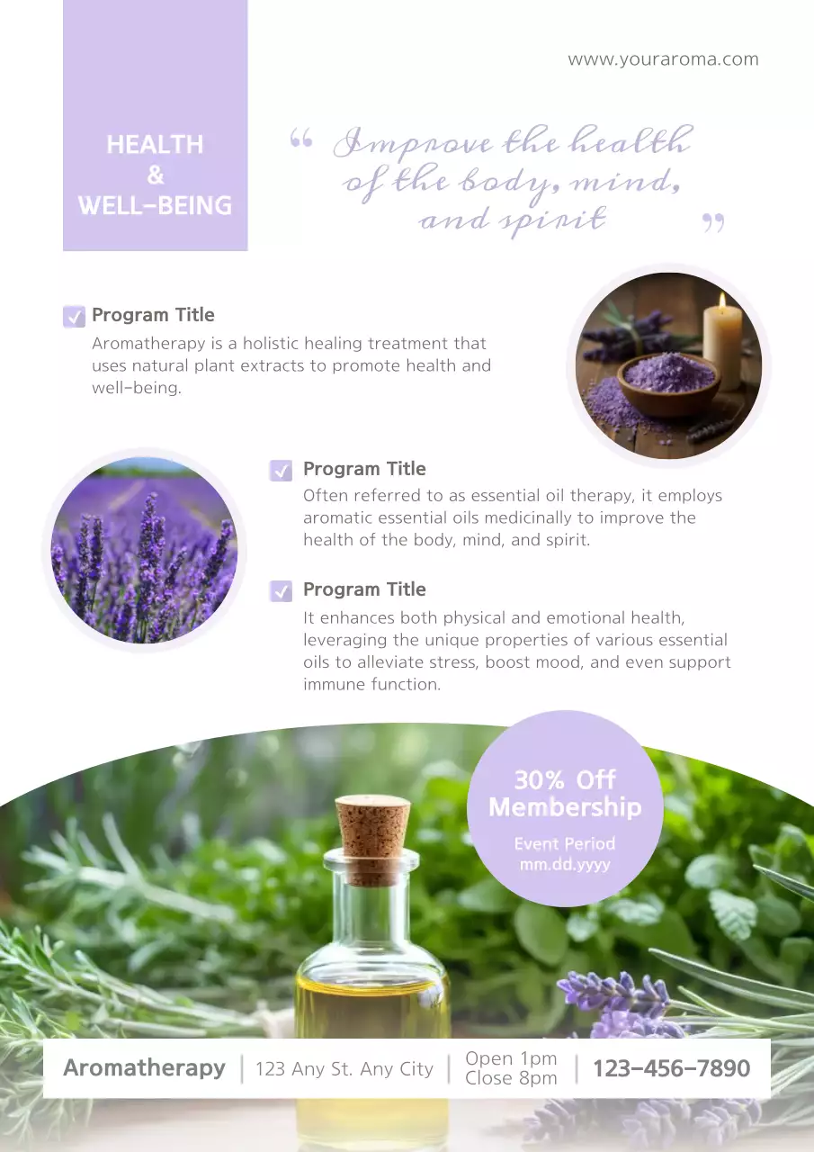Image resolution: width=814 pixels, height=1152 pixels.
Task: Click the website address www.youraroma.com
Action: (x=663, y=59)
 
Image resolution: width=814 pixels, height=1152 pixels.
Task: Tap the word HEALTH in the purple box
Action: (x=155, y=145)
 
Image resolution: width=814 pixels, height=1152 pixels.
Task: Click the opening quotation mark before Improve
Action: (x=301, y=139)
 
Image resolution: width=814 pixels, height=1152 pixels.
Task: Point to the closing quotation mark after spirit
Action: (x=713, y=222)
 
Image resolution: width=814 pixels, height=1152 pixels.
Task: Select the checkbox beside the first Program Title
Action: (x=74, y=316)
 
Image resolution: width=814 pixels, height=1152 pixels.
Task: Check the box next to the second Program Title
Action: (x=281, y=470)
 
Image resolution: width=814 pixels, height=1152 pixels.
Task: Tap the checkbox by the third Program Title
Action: (x=281, y=590)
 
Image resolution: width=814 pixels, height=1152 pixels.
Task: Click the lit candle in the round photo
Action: (x=722, y=332)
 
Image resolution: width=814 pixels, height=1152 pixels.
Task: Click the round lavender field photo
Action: (x=144, y=549)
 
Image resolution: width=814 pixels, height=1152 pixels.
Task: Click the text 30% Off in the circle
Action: (x=565, y=779)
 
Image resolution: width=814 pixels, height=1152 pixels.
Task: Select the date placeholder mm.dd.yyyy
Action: (x=565, y=864)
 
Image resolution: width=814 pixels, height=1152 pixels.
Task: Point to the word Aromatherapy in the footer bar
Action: (x=144, y=1068)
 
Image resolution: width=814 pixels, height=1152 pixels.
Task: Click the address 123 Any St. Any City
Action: (x=344, y=1069)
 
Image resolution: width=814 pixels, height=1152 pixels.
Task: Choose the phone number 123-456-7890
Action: (x=671, y=1069)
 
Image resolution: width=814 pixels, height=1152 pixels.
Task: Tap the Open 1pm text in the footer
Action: (x=511, y=1058)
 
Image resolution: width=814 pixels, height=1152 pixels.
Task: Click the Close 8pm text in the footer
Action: (x=511, y=1078)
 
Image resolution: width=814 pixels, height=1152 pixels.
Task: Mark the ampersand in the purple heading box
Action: (x=156, y=175)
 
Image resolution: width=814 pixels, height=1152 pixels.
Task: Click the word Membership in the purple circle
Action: (x=565, y=807)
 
